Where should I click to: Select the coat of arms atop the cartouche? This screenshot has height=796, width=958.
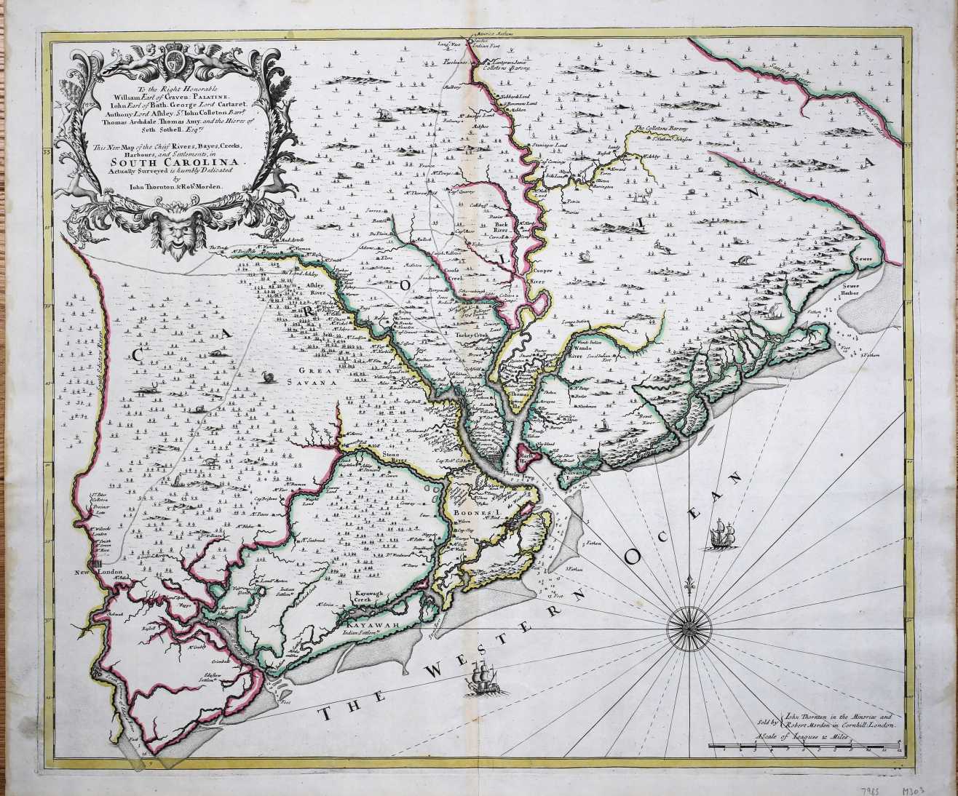pyautogui.click(x=173, y=59)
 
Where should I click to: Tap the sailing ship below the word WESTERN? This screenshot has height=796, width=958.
pyautogui.click(x=481, y=680)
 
